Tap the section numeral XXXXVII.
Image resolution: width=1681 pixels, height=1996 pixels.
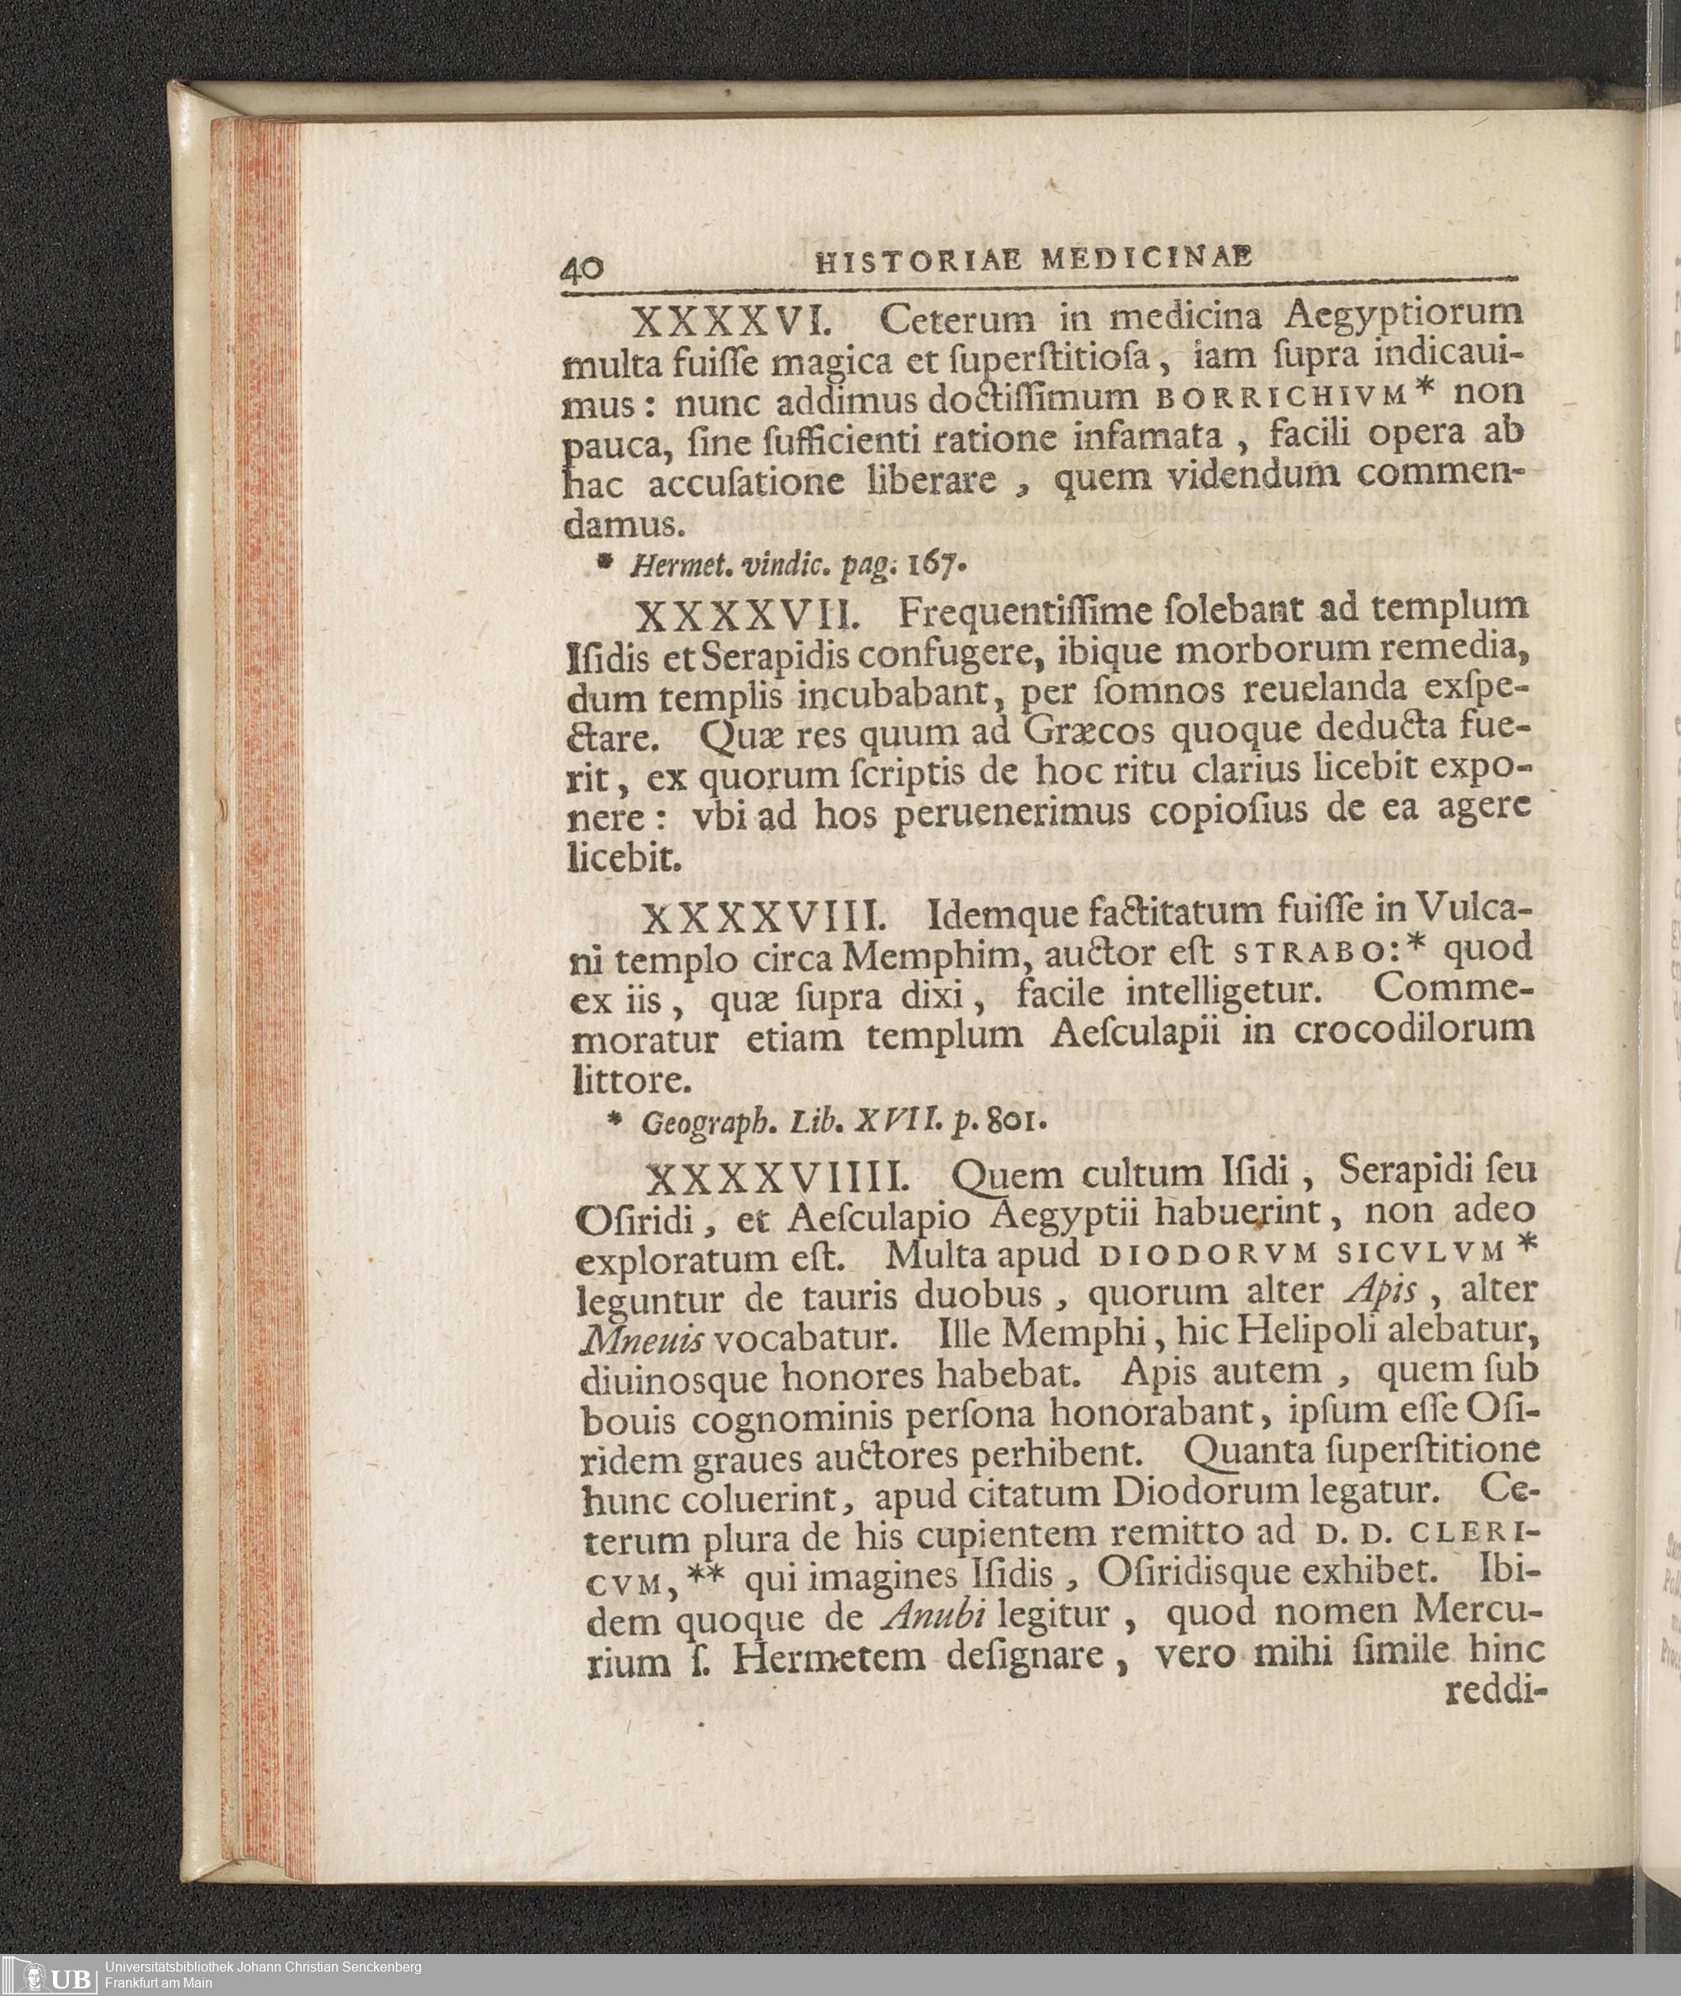point(748,617)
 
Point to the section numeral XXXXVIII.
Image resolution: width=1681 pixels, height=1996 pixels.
point(765,920)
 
